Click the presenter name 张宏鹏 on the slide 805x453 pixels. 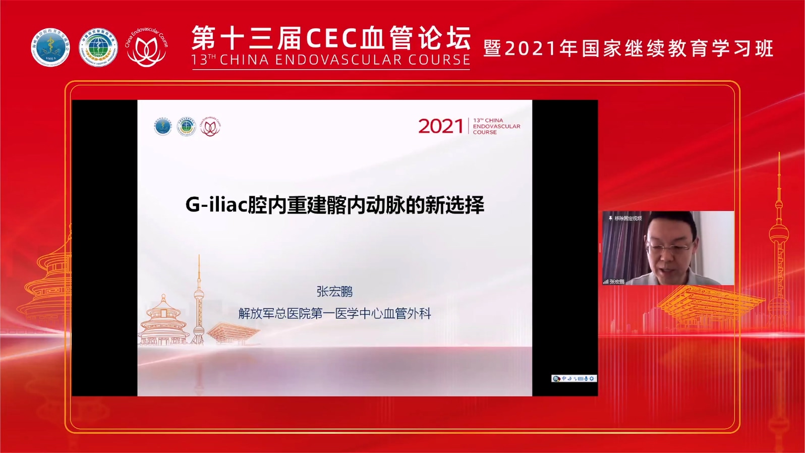334,292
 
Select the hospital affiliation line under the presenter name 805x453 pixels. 334,313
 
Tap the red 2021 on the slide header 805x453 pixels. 440,126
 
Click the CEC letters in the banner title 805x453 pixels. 333,38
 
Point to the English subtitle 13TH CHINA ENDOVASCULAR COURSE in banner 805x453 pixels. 331,60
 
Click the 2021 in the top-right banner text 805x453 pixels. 530,49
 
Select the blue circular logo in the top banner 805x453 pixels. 50,48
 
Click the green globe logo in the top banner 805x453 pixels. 98,48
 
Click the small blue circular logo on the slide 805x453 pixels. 163,126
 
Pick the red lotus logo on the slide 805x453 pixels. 210,127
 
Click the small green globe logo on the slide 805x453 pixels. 186,126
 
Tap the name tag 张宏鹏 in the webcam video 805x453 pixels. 616,281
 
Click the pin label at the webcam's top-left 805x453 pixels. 625,218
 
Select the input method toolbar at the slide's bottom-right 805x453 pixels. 574,378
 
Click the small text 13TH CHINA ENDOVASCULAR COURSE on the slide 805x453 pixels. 496,126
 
